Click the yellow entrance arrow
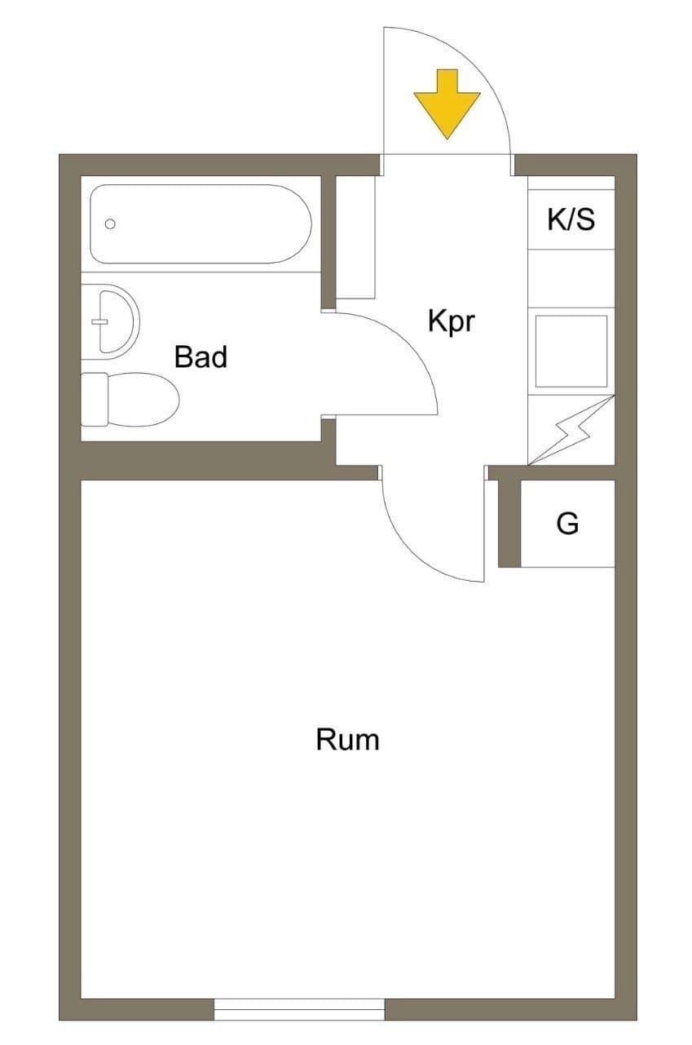click(447, 104)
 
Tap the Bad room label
click(201, 356)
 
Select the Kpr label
click(452, 321)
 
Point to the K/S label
click(571, 219)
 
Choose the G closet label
click(567, 523)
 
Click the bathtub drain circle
click(110, 224)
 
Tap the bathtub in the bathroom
click(201, 224)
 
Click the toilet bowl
click(143, 400)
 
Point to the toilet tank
click(94, 400)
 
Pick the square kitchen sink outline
click(571, 352)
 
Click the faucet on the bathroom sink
click(99, 321)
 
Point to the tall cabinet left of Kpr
click(355, 237)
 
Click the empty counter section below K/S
click(571, 278)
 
